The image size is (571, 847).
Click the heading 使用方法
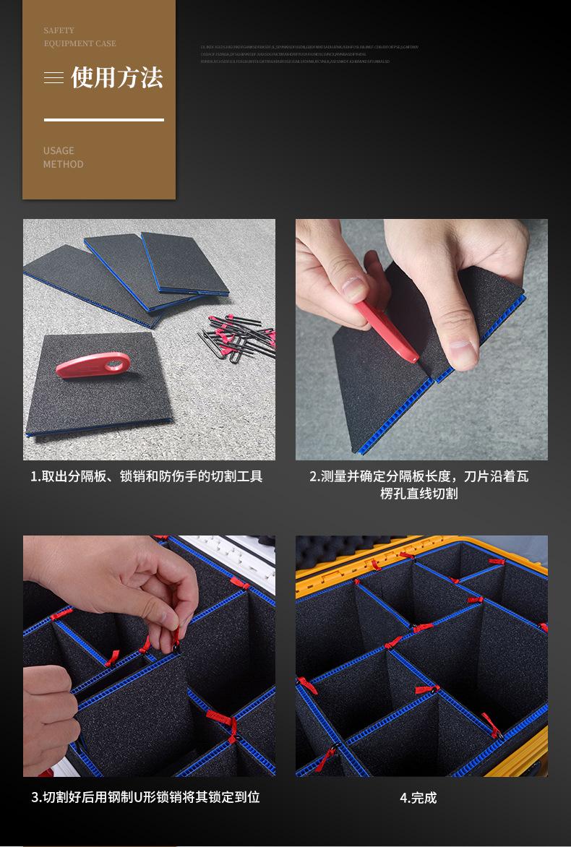[116, 77]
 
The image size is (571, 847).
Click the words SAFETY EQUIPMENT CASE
[80, 37]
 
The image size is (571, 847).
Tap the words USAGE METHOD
[63, 158]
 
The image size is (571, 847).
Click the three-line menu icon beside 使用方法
[53, 78]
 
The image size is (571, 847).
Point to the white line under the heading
[103, 120]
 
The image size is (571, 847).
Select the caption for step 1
[146, 476]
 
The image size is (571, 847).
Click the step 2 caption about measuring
[419, 485]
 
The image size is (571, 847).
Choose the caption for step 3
[145, 797]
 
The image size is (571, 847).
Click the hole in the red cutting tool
[114, 365]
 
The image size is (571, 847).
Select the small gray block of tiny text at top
[309, 54]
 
